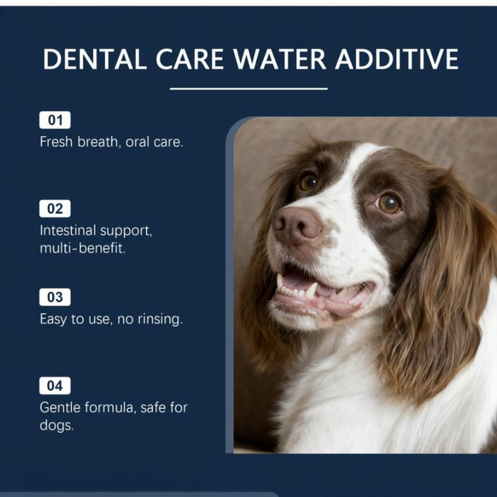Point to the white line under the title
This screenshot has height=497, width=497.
coord(249,89)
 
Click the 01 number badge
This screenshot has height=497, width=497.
coord(55,120)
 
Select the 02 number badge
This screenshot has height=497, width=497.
coord(55,208)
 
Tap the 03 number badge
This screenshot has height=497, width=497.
coord(55,297)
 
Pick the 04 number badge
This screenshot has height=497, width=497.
coord(55,386)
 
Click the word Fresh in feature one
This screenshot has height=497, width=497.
coord(56,142)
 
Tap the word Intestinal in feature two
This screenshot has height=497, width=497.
coord(68,230)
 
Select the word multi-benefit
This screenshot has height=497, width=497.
coord(83,248)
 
